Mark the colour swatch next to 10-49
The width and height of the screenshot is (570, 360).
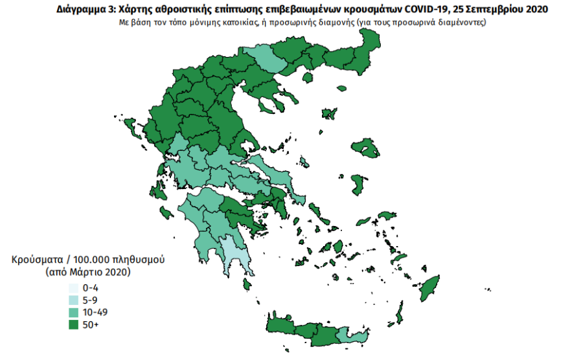[73, 311]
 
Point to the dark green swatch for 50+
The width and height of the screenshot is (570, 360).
[73, 324]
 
